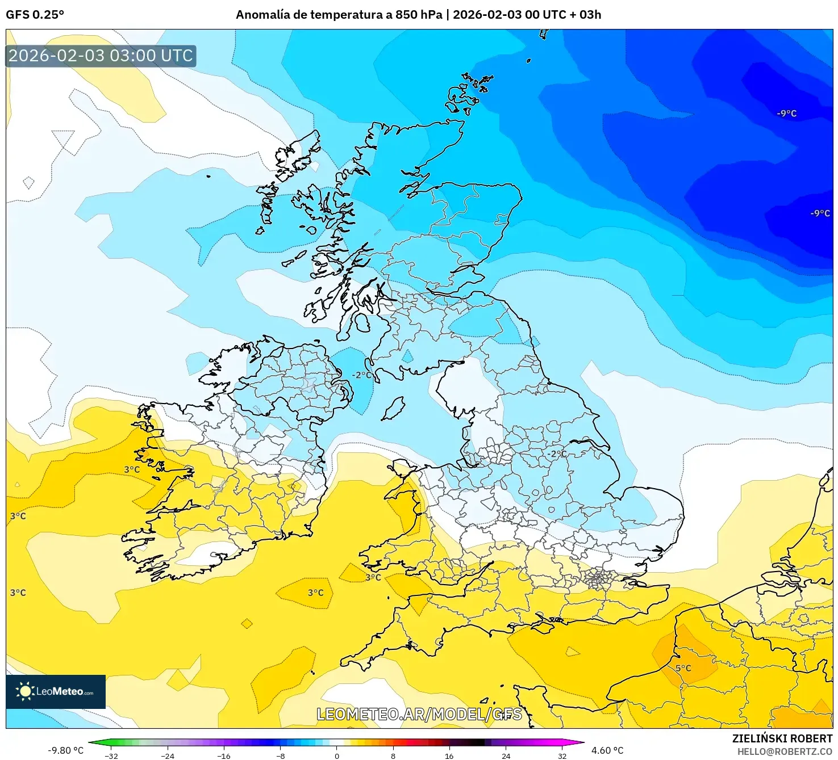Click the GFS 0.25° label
click(x=35, y=15)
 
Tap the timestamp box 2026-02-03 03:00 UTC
click(x=101, y=56)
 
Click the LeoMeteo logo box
click(x=56, y=691)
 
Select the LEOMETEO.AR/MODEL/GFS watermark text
click(x=419, y=714)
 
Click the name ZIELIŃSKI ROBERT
click(x=782, y=738)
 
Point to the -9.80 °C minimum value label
click(x=65, y=750)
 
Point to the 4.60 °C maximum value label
click(x=607, y=750)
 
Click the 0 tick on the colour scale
click(x=336, y=755)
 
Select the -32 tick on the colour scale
click(x=111, y=755)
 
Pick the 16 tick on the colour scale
click(x=449, y=755)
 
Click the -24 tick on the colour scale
click(x=168, y=755)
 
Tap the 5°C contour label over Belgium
click(x=683, y=668)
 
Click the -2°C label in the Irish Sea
click(x=362, y=375)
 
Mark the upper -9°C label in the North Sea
click(x=786, y=114)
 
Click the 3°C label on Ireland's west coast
click(x=132, y=469)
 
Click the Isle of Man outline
click(x=393, y=408)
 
